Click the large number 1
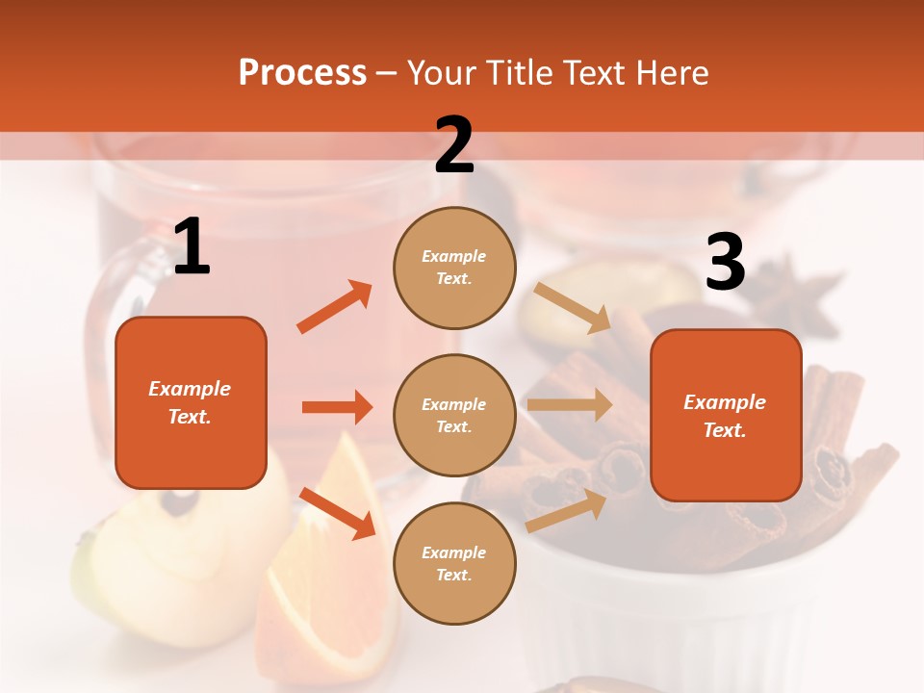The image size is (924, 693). [192, 247]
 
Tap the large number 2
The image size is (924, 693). [454, 146]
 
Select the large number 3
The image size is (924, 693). [726, 263]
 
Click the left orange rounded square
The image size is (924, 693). [191, 402]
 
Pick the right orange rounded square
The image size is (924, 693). [726, 415]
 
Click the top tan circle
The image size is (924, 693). [454, 268]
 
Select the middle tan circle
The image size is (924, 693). [454, 415]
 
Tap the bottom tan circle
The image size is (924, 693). [454, 563]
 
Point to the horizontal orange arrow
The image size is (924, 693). [337, 407]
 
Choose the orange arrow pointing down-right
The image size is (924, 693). [337, 513]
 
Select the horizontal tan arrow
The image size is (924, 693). [570, 404]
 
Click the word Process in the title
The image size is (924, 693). [302, 73]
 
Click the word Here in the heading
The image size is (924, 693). [673, 73]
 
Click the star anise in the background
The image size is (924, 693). [804, 294]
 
